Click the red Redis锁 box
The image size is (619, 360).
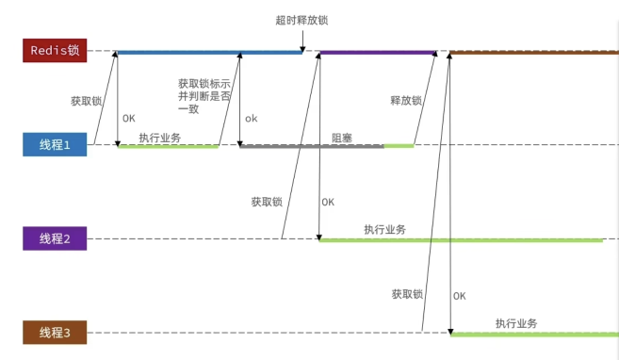pos(55,50)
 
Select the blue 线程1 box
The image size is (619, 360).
pos(55,144)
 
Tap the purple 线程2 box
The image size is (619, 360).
pos(55,238)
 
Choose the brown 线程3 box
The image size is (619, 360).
pos(55,333)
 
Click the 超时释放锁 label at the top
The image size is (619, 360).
pos(302,20)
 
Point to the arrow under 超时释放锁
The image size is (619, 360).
pos(302,41)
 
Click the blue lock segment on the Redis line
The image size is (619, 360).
pos(209,52)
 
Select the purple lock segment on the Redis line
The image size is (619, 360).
pos(378,52)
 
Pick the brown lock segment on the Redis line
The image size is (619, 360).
pos(534,52)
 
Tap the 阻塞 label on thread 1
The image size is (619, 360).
pos(342,138)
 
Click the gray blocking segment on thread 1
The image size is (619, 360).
pos(312,146)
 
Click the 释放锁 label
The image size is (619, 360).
pos(406,101)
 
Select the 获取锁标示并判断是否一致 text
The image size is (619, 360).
pos(204,96)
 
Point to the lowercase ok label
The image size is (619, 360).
pos(251,119)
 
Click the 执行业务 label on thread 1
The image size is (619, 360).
pos(160,138)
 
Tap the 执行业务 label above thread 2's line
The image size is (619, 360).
pos(385,229)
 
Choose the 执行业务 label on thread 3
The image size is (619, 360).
pos(516,323)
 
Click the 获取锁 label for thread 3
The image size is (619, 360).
pos(407,294)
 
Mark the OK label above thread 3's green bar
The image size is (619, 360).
pos(459,296)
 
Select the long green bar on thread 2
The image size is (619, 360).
pos(461,240)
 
